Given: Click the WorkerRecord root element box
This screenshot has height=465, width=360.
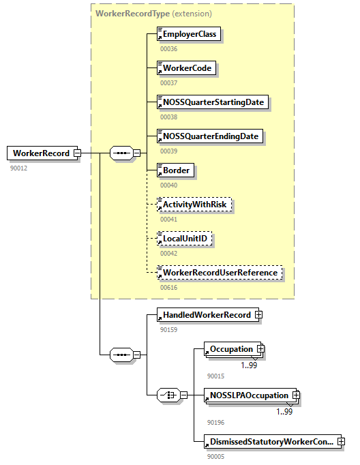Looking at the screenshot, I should (x=40, y=153).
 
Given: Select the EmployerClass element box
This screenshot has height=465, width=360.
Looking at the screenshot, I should (x=189, y=34).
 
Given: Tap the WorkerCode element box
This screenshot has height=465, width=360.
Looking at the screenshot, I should (x=186, y=68).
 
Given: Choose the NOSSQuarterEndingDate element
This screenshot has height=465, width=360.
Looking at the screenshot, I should (x=209, y=136).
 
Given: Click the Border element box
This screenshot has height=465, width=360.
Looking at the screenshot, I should (x=175, y=170).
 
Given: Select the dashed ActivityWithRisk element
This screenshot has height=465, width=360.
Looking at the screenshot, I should (x=194, y=204).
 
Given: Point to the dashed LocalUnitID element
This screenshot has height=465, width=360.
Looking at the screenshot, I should (x=184, y=238).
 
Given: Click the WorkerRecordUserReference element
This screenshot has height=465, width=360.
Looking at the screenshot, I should (x=219, y=272).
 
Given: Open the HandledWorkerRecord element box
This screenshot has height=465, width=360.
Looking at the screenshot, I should (x=205, y=315).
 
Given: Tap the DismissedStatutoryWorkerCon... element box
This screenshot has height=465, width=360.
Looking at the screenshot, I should (x=271, y=442).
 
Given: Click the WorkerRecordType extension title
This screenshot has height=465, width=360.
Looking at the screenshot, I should (x=153, y=13).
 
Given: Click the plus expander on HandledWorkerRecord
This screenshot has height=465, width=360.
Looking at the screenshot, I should (x=258, y=315).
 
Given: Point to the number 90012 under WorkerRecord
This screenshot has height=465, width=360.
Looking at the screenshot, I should (x=18, y=168).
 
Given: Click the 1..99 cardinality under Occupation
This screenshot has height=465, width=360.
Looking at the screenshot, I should (x=250, y=365).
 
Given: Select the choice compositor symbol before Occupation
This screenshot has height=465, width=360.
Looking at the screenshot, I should (x=168, y=395).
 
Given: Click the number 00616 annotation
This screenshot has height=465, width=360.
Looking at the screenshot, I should (x=168, y=287).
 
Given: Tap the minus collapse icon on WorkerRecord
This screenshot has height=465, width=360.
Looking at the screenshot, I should (x=77, y=153).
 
